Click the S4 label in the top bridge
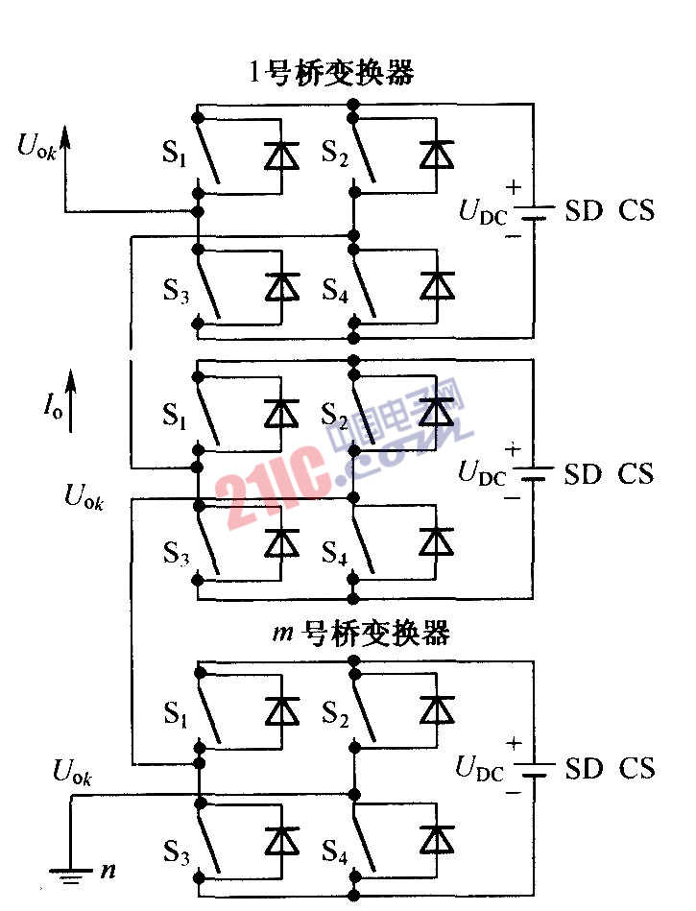pos(334,292)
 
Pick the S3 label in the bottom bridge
pos(174,851)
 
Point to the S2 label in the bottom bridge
pos(334,712)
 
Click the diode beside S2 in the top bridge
pos(437,153)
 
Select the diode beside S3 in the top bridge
pos(281,285)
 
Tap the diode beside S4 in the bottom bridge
pos(437,839)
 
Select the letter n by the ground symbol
pos(108,872)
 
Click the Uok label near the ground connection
pos(73,771)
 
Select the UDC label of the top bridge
pos(483,213)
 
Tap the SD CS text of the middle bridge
pos(609,474)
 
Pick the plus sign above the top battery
pos(514,187)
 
